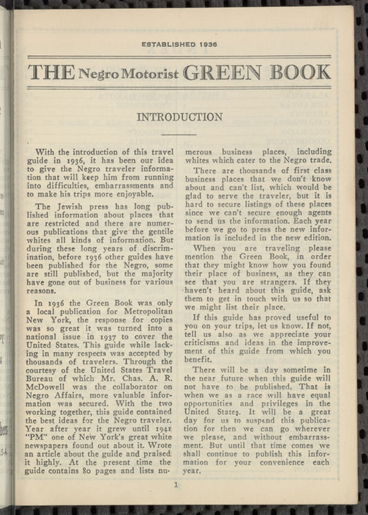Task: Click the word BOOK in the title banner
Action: (293, 72)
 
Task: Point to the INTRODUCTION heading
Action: (180, 117)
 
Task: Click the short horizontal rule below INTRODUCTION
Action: (179, 134)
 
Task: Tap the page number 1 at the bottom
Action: (177, 485)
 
